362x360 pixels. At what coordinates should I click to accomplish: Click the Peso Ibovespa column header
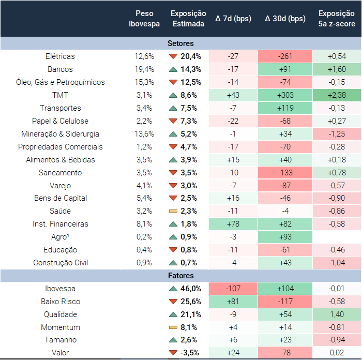144,19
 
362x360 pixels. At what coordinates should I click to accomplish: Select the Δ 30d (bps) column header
285,19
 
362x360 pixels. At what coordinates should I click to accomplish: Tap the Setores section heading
181,43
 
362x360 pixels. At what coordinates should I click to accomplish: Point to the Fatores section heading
181,276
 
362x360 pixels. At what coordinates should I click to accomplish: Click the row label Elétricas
60,56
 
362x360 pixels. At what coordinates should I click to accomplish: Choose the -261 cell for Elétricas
285,56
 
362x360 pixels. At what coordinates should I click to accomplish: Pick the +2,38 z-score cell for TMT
337,95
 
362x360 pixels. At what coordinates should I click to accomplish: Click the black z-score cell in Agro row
337,237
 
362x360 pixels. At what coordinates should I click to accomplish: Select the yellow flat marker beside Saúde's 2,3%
173,211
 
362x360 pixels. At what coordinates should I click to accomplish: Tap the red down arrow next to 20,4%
173,56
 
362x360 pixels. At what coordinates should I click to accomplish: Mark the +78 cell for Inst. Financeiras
233,224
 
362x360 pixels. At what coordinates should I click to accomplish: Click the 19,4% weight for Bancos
144,69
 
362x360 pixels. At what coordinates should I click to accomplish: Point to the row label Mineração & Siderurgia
60,134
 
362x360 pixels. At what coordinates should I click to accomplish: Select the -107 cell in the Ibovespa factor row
233,289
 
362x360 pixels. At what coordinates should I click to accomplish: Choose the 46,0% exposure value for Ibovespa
191,289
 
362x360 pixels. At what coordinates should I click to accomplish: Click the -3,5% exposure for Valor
191,353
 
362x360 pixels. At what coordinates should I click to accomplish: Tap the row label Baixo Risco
61,302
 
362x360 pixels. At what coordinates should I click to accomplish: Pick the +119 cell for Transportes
285,108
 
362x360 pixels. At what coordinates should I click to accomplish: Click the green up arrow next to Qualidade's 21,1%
173,314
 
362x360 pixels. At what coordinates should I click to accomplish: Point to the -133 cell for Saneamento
285,173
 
